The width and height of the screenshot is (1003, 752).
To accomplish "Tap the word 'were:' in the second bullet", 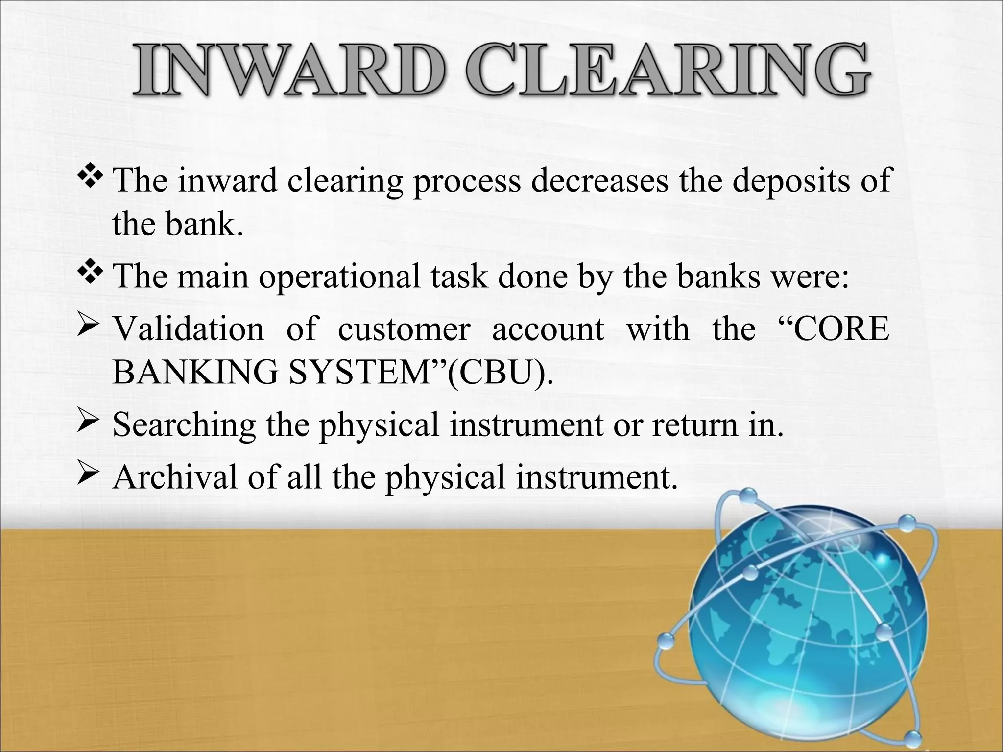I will pos(810,277).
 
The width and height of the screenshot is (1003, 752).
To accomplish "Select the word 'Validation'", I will pos(189,329).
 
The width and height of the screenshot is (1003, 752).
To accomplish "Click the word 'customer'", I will pos(404,329).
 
